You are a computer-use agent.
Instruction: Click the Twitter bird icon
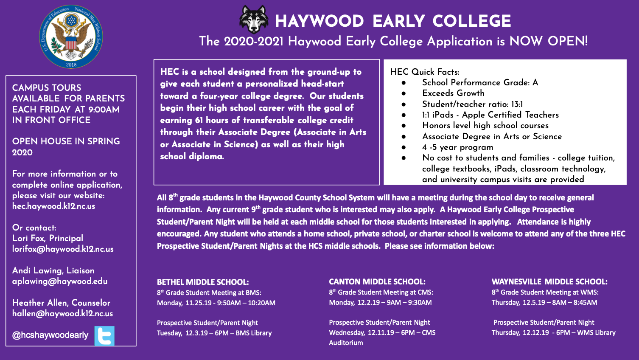(104, 336)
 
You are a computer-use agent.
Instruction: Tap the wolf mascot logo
(254, 20)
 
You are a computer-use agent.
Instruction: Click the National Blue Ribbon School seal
(71, 37)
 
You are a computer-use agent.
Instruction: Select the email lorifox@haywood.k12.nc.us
(63, 249)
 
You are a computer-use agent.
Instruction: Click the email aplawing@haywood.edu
(60, 281)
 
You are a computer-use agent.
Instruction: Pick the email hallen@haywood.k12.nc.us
(62, 314)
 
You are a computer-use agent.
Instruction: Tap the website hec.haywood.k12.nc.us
(53, 206)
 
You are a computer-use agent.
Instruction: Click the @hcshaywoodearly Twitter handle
(50, 335)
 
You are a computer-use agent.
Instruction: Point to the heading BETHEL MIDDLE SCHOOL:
(203, 282)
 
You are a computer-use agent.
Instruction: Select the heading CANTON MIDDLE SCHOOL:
(377, 281)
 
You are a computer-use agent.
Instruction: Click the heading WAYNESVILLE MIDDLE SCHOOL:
(549, 281)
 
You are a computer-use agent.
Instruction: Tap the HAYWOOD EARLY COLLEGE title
(393, 21)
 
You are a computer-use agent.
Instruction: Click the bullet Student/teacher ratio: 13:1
(472, 104)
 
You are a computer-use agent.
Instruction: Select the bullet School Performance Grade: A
(480, 82)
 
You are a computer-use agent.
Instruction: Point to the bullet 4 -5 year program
(457, 147)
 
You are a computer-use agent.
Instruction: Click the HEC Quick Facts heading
(424, 72)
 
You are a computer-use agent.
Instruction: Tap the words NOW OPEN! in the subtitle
(548, 41)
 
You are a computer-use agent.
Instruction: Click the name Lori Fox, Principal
(48, 238)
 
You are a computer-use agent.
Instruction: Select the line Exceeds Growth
(453, 93)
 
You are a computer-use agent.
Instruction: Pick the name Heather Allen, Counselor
(61, 303)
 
